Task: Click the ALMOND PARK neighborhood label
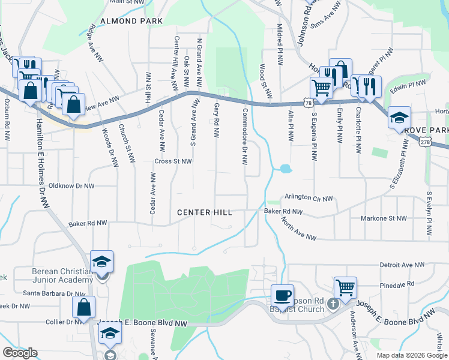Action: (131, 21)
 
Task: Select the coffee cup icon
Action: (282, 296)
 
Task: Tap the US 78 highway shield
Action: (308, 104)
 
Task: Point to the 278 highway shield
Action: (425, 142)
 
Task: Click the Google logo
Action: (19, 353)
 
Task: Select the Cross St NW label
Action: (173, 161)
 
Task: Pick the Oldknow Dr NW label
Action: (71, 186)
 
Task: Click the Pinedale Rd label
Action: (393, 283)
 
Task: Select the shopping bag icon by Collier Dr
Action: (84, 307)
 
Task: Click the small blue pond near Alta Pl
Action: (285, 169)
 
